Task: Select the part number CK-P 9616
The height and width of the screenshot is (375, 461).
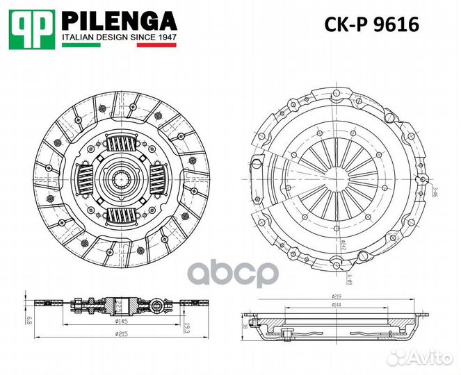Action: (371, 26)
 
